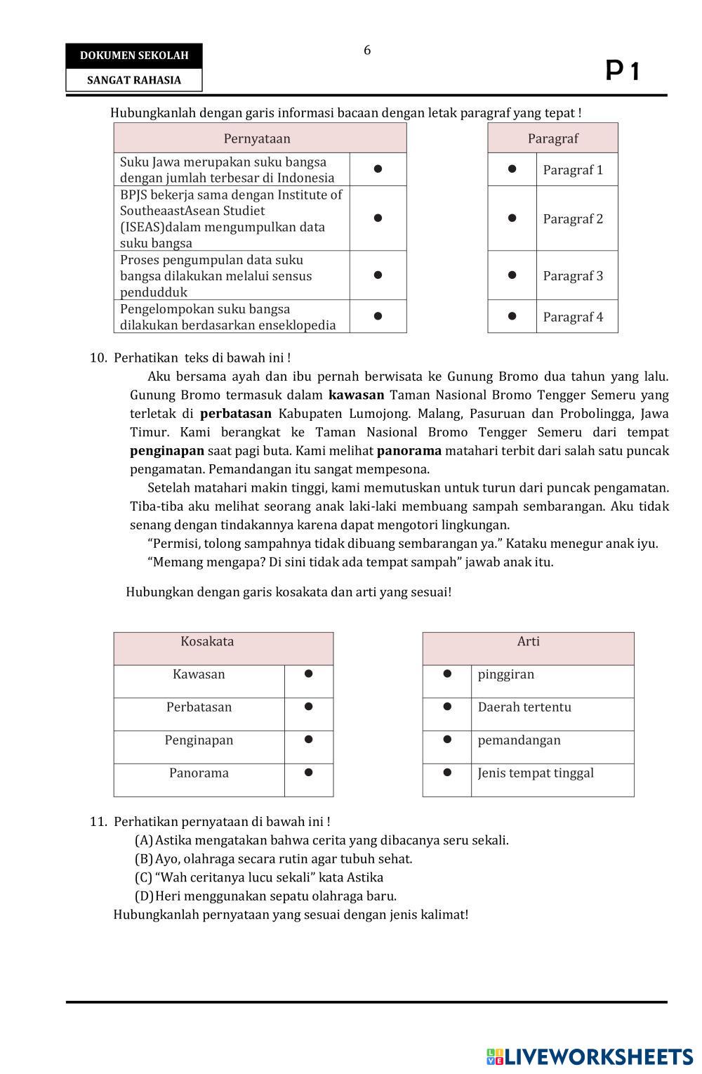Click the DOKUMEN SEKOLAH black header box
click(x=134, y=55)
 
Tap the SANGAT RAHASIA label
click(x=134, y=80)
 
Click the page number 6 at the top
click(x=367, y=51)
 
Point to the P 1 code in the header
click(x=623, y=71)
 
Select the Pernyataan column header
click(x=257, y=138)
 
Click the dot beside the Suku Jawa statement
click(x=378, y=169)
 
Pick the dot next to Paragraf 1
click(x=512, y=169)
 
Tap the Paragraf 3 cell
click(x=573, y=276)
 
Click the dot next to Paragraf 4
click(x=512, y=316)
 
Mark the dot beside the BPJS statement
click(x=378, y=218)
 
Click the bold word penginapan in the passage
click(x=167, y=451)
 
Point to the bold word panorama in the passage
click(x=409, y=451)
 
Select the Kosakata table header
click(x=207, y=641)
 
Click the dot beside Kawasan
click(x=308, y=674)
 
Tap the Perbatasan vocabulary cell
click(x=199, y=707)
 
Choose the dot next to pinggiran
click(x=447, y=674)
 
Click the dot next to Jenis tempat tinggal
click(x=447, y=773)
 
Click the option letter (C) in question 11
click(x=143, y=877)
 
